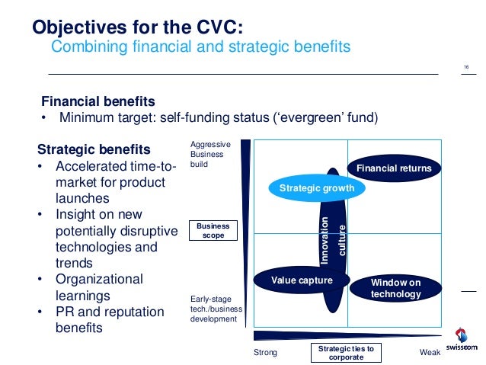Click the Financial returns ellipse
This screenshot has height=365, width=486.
pos(394,168)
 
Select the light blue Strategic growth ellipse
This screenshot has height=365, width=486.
pos(311,187)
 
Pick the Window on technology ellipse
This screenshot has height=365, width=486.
pos(395,288)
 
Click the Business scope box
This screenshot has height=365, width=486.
pos(213,231)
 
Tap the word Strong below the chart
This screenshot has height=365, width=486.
pos(265,354)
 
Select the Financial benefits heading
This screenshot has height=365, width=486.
pos(98,101)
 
